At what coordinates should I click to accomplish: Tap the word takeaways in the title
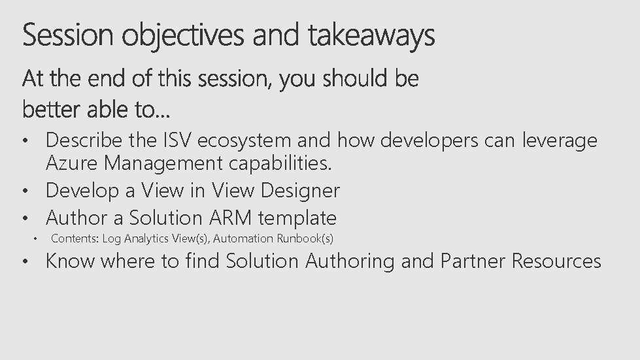pos(371,36)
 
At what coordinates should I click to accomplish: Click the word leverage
pos(560,141)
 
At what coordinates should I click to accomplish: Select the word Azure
pos(72,163)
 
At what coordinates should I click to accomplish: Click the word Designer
pos(300,191)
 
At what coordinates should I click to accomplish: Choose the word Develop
pos(82,191)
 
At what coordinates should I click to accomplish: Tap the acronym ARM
pos(228,218)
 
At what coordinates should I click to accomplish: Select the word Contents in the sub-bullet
pos(75,238)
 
